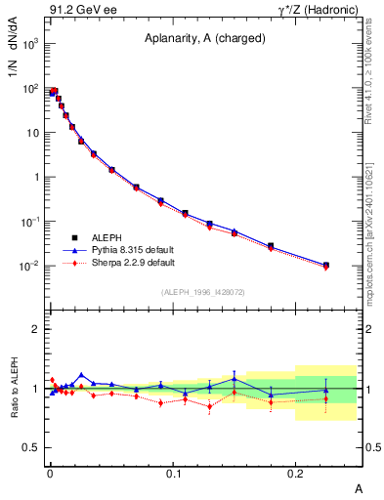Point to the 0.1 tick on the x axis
(173, 473)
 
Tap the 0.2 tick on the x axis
(296, 473)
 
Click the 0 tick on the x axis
(50, 473)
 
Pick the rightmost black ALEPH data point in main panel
(325, 265)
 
